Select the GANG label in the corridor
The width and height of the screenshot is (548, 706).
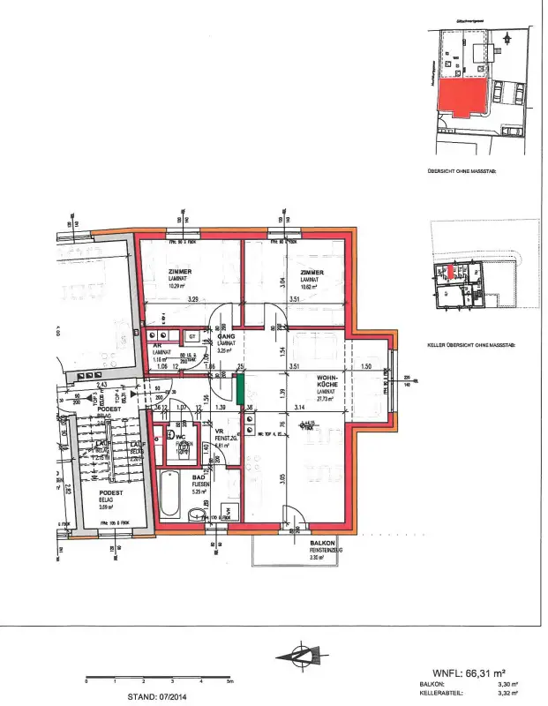tap(226, 336)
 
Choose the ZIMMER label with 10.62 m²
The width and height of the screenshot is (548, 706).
tap(312, 272)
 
